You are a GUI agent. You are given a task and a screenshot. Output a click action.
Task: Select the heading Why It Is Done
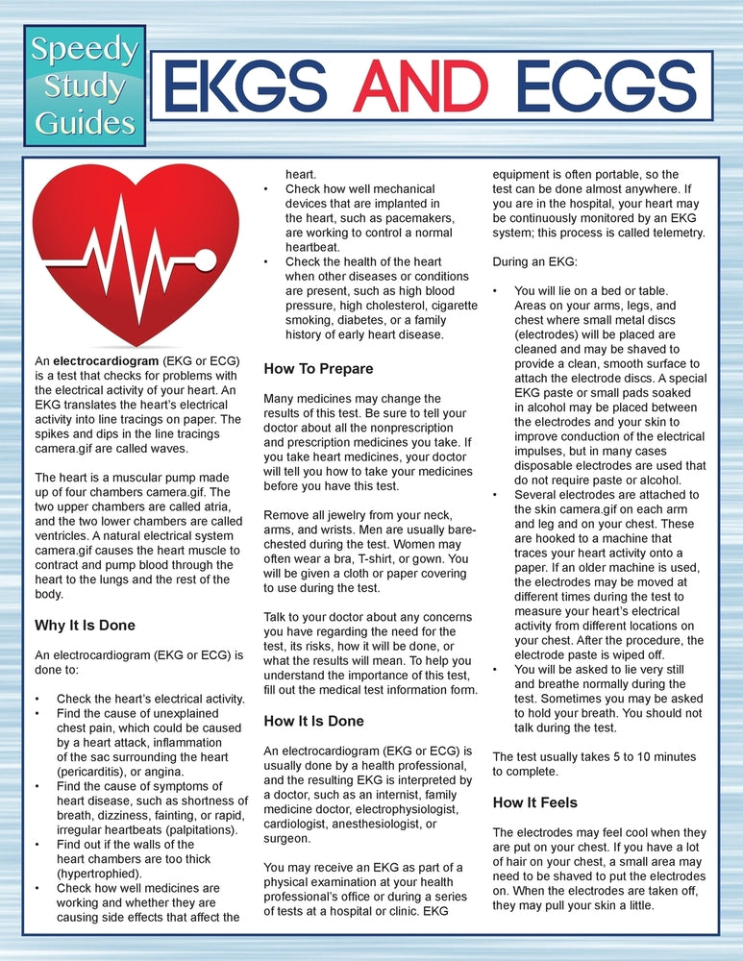pos(85,626)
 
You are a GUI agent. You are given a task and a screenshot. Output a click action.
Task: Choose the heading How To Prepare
pos(318,368)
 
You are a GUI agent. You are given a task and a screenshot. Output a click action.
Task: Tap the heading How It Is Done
pos(314,720)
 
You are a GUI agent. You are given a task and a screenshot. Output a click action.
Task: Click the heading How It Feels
pos(534,801)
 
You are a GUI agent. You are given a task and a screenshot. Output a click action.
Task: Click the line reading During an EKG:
pos(535,261)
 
